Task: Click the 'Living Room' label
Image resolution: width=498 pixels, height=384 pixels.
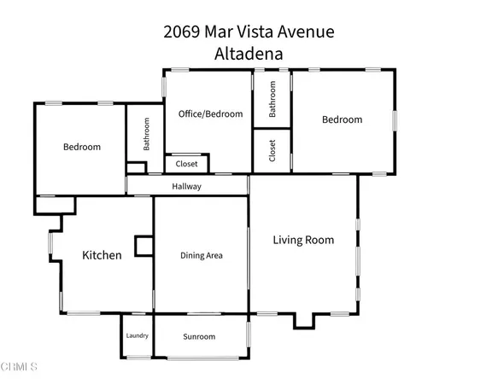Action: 303,240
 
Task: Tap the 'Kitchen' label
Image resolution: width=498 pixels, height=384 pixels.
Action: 102,255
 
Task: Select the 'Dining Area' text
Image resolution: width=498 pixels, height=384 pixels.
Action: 202,255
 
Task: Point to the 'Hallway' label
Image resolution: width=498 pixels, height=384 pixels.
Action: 186,186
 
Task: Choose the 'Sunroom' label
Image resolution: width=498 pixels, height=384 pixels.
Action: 200,336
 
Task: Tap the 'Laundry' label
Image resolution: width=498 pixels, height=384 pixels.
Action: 138,335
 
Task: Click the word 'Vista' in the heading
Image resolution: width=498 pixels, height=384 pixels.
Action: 267,32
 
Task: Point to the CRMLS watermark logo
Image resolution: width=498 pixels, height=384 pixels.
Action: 20,368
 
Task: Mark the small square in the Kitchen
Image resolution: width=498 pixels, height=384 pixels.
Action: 143,246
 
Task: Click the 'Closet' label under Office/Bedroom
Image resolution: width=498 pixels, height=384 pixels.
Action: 187,164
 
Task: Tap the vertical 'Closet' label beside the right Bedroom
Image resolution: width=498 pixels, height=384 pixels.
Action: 272,152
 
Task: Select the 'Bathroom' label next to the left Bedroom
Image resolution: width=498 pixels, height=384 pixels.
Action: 147,134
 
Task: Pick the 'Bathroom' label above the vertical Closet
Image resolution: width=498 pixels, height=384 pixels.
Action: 272,99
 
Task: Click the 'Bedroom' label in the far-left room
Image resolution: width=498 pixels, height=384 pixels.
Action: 82,147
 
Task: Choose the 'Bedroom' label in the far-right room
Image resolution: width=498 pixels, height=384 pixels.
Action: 342,119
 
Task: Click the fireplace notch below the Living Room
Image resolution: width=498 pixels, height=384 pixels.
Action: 306,321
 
